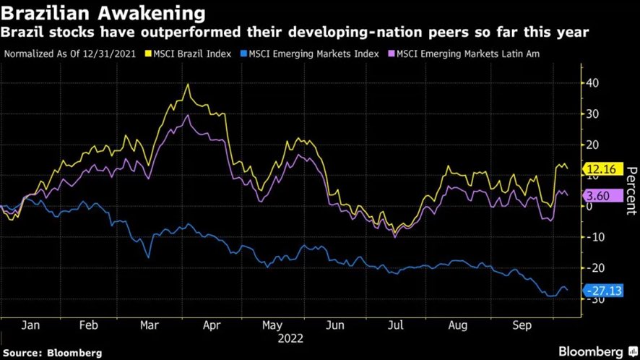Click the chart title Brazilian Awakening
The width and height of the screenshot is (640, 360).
(x=103, y=13)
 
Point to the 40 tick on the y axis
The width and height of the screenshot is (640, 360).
(x=592, y=82)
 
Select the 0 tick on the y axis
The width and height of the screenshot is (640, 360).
(x=589, y=206)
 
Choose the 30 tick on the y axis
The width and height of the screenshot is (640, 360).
(x=592, y=113)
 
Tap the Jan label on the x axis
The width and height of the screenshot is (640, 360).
(x=30, y=325)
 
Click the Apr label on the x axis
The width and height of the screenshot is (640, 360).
(x=211, y=325)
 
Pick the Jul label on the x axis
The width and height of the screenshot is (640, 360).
(x=396, y=325)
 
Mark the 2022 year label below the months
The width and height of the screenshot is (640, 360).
(x=289, y=338)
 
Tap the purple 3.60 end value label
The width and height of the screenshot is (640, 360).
(x=599, y=195)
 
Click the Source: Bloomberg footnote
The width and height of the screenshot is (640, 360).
(x=52, y=353)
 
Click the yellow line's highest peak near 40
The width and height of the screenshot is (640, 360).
(x=189, y=85)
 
